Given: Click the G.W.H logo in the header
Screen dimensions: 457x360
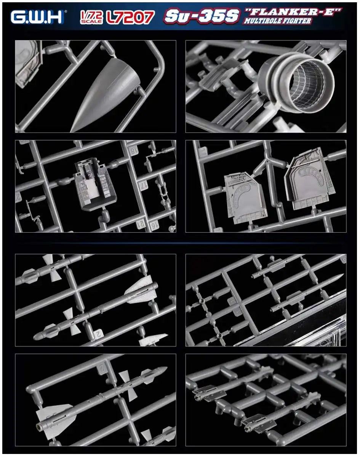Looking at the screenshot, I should pos(37,17).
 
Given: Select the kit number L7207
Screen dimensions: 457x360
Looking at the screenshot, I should pos(130,17).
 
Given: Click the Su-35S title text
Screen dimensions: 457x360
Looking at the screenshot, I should pos(202,16).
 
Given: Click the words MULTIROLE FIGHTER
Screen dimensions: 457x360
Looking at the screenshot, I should pos(277,21).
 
